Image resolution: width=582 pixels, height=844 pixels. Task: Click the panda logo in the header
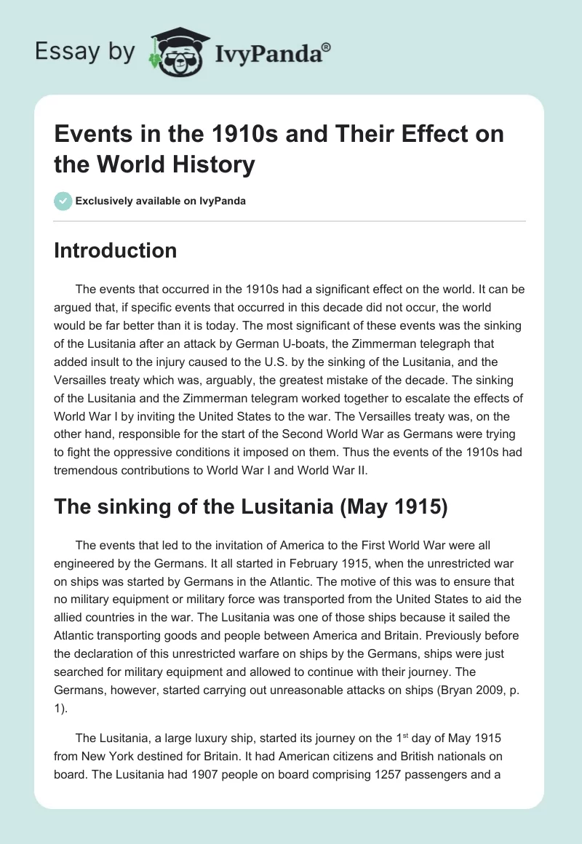pos(175,52)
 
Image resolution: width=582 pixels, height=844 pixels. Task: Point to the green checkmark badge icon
pos(63,201)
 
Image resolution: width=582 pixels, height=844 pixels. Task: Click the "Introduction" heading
pos(116,250)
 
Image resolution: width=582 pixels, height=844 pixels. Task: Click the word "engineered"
pos(84,564)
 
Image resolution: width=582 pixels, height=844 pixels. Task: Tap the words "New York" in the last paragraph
pos(113,756)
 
